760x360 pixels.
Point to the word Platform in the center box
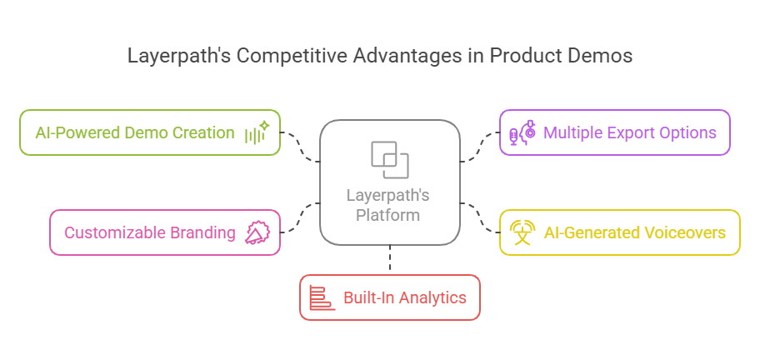pos(388,215)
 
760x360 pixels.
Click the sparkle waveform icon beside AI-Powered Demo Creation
pos(256,132)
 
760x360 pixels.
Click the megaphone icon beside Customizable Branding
pos(256,232)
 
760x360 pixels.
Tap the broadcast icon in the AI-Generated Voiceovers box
pos(522,232)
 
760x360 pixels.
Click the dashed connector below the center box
pos(389,259)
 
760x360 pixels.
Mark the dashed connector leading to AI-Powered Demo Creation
pos(302,146)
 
